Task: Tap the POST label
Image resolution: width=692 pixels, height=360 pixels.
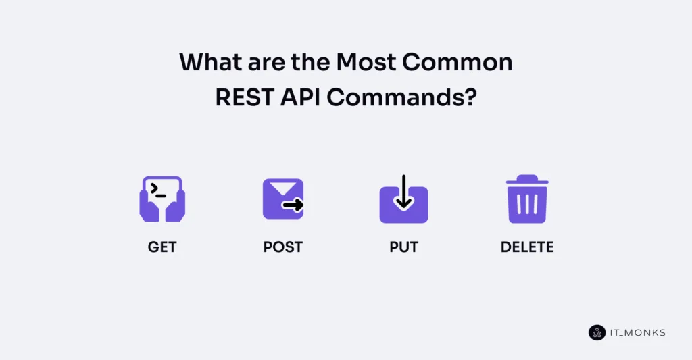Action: click(282, 247)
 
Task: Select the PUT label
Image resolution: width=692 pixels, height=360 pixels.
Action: click(403, 247)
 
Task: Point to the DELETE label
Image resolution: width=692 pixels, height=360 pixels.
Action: click(527, 247)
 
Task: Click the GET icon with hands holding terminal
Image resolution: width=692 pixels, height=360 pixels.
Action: click(162, 199)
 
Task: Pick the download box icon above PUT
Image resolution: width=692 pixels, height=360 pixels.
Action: click(403, 201)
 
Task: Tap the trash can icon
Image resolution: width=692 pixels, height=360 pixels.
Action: click(527, 199)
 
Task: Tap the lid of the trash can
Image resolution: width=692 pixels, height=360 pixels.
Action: click(527, 180)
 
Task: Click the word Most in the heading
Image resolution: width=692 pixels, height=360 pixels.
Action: click(365, 62)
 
